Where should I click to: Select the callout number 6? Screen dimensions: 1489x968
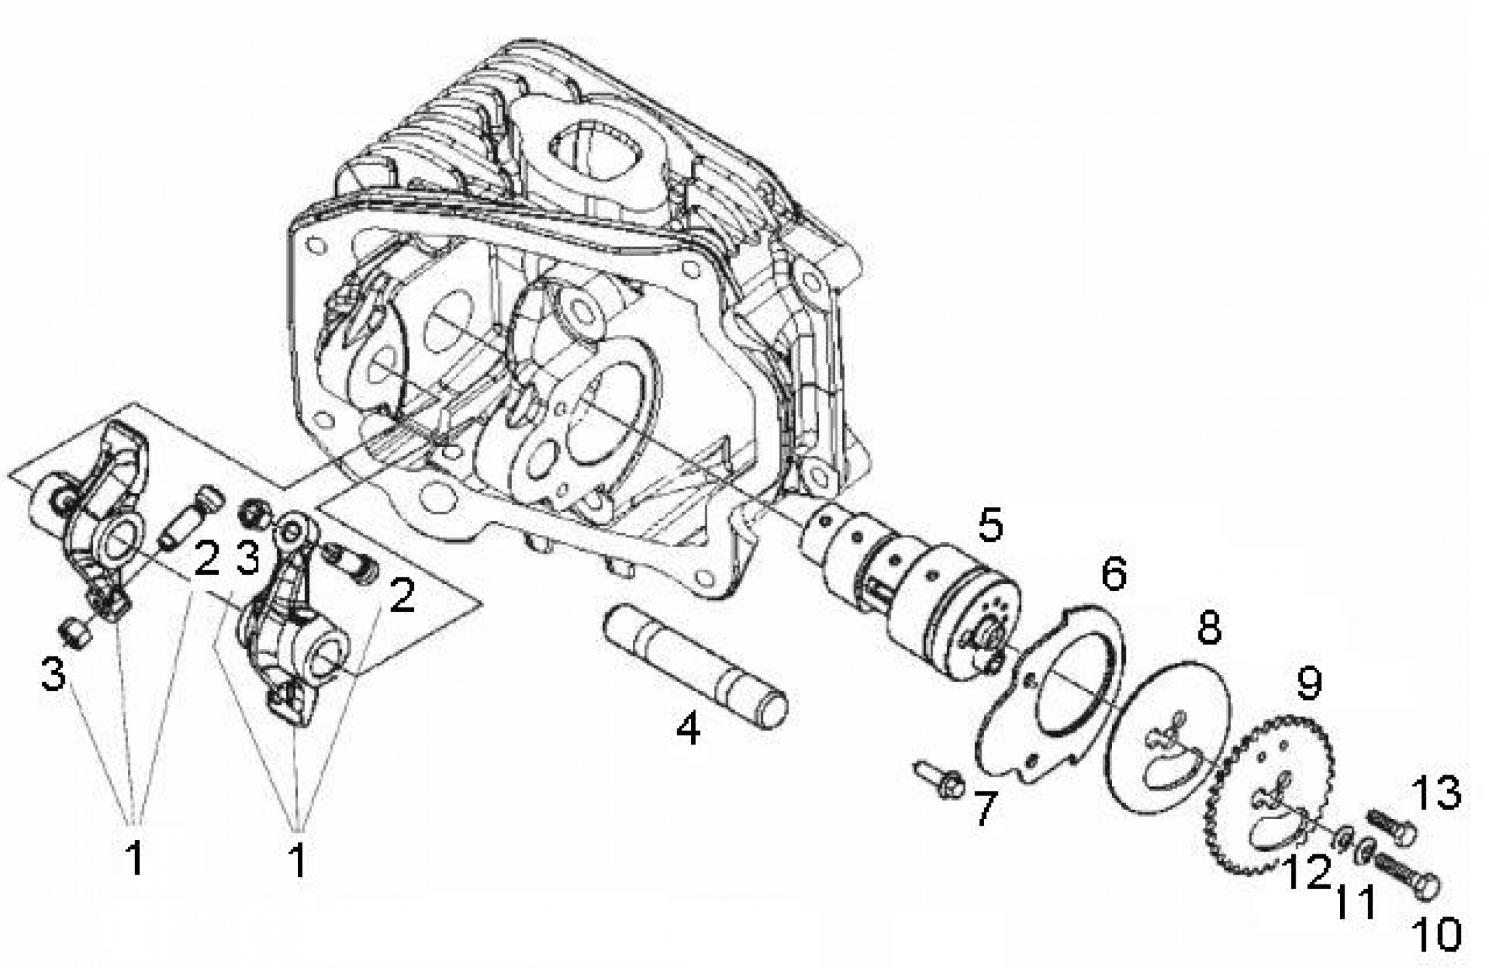pyautogui.click(x=1113, y=573)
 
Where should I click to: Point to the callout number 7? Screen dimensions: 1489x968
pyautogui.click(x=984, y=807)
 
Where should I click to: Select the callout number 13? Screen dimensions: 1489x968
pyautogui.click(x=1436, y=794)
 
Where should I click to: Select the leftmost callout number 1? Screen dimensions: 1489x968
pyautogui.click(x=135, y=859)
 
